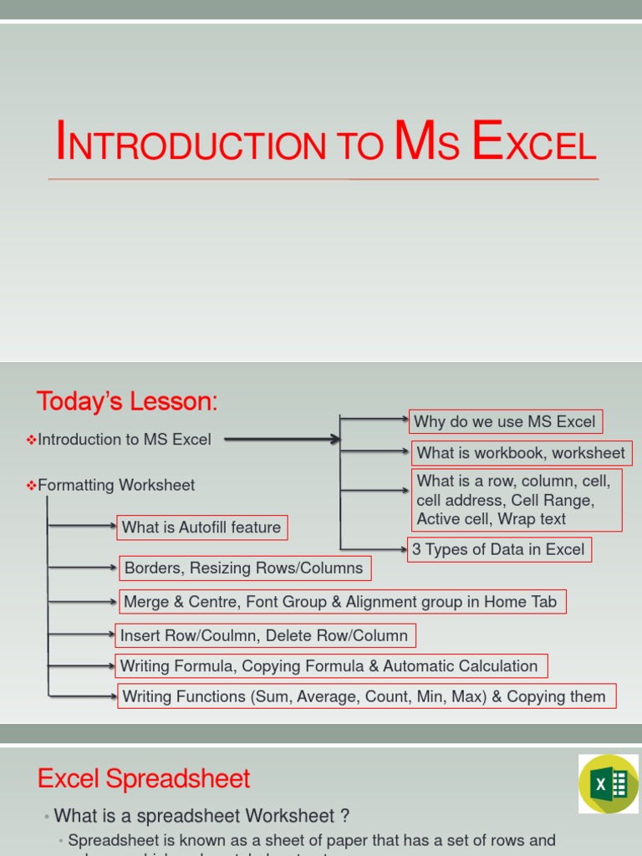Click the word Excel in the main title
(534, 142)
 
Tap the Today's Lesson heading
(126, 402)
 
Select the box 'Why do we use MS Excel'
(505, 422)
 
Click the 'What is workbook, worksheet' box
(521, 453)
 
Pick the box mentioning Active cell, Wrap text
(517, 500)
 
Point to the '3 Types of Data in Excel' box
(499, 549)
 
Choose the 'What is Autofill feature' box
(201, 527)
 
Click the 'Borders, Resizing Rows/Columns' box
(244, 568)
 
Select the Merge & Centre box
(340, 602)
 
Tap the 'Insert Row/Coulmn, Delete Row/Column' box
(264, 636)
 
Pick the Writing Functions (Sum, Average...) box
(364, 696)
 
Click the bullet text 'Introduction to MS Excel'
(125, 440)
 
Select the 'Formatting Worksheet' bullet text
(116, 486)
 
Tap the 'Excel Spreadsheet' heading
(144, 779)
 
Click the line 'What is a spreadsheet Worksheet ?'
(201, 816)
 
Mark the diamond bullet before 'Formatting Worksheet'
(32, 486)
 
